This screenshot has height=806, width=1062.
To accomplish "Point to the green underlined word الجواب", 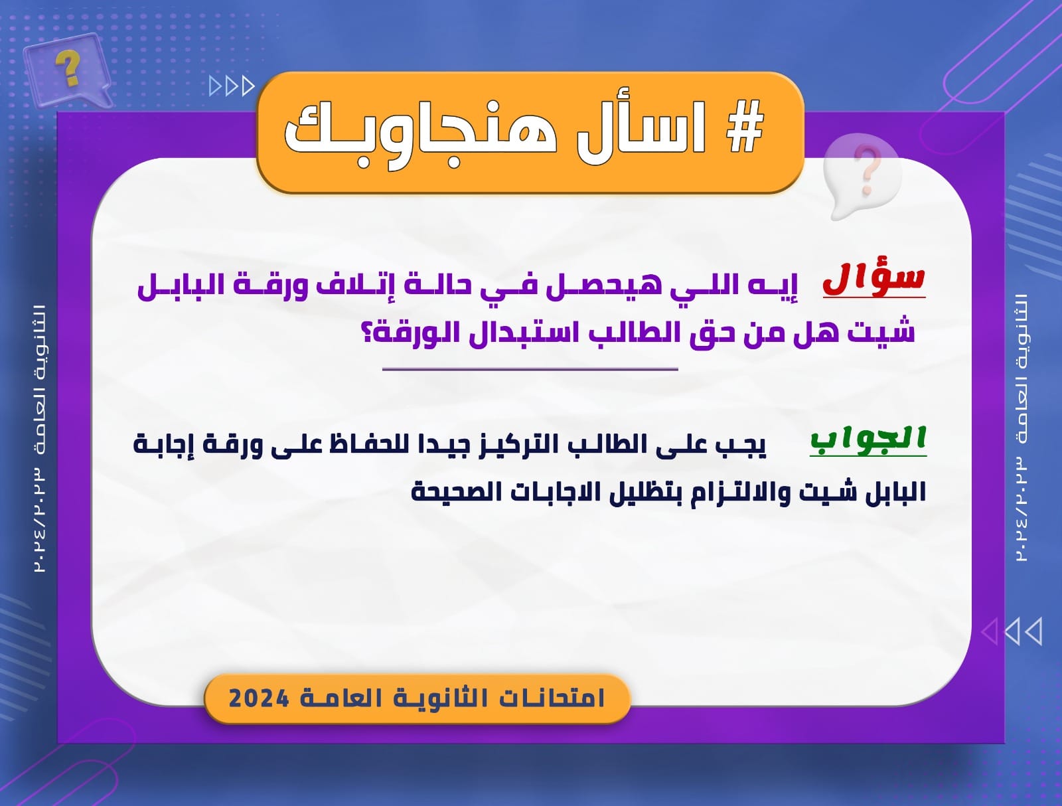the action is tap(868, 440).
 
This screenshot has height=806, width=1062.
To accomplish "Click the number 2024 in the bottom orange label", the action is tap(258, 698).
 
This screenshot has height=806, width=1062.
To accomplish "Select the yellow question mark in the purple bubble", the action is tap(68, 68).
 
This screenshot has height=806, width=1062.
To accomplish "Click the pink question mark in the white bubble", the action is tap(866, 169).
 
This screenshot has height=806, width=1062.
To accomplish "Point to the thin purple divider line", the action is tap(530, 369).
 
